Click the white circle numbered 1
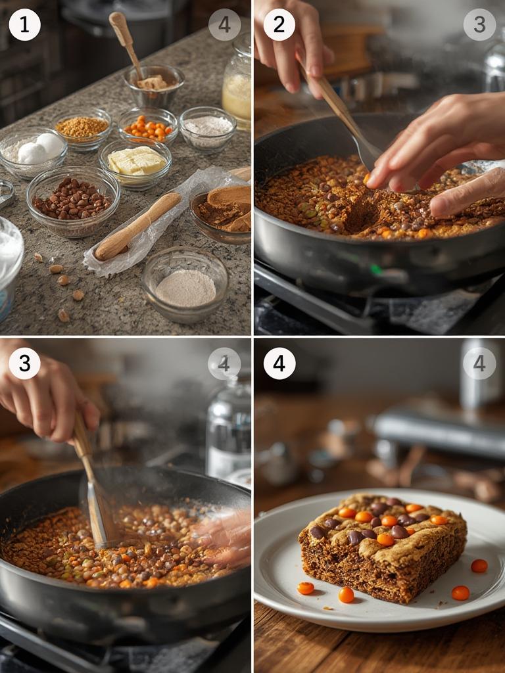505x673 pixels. (24, 24)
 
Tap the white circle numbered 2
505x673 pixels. (279, 24)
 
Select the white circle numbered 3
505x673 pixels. (24, 363)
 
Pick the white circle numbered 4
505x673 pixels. (279, 363)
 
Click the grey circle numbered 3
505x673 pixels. (479, 24)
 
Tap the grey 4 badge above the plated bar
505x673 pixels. (479, 363)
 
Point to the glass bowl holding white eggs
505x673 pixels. (33, 151)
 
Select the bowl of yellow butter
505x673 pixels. (135, 162)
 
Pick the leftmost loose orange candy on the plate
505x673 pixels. (305, 588)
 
